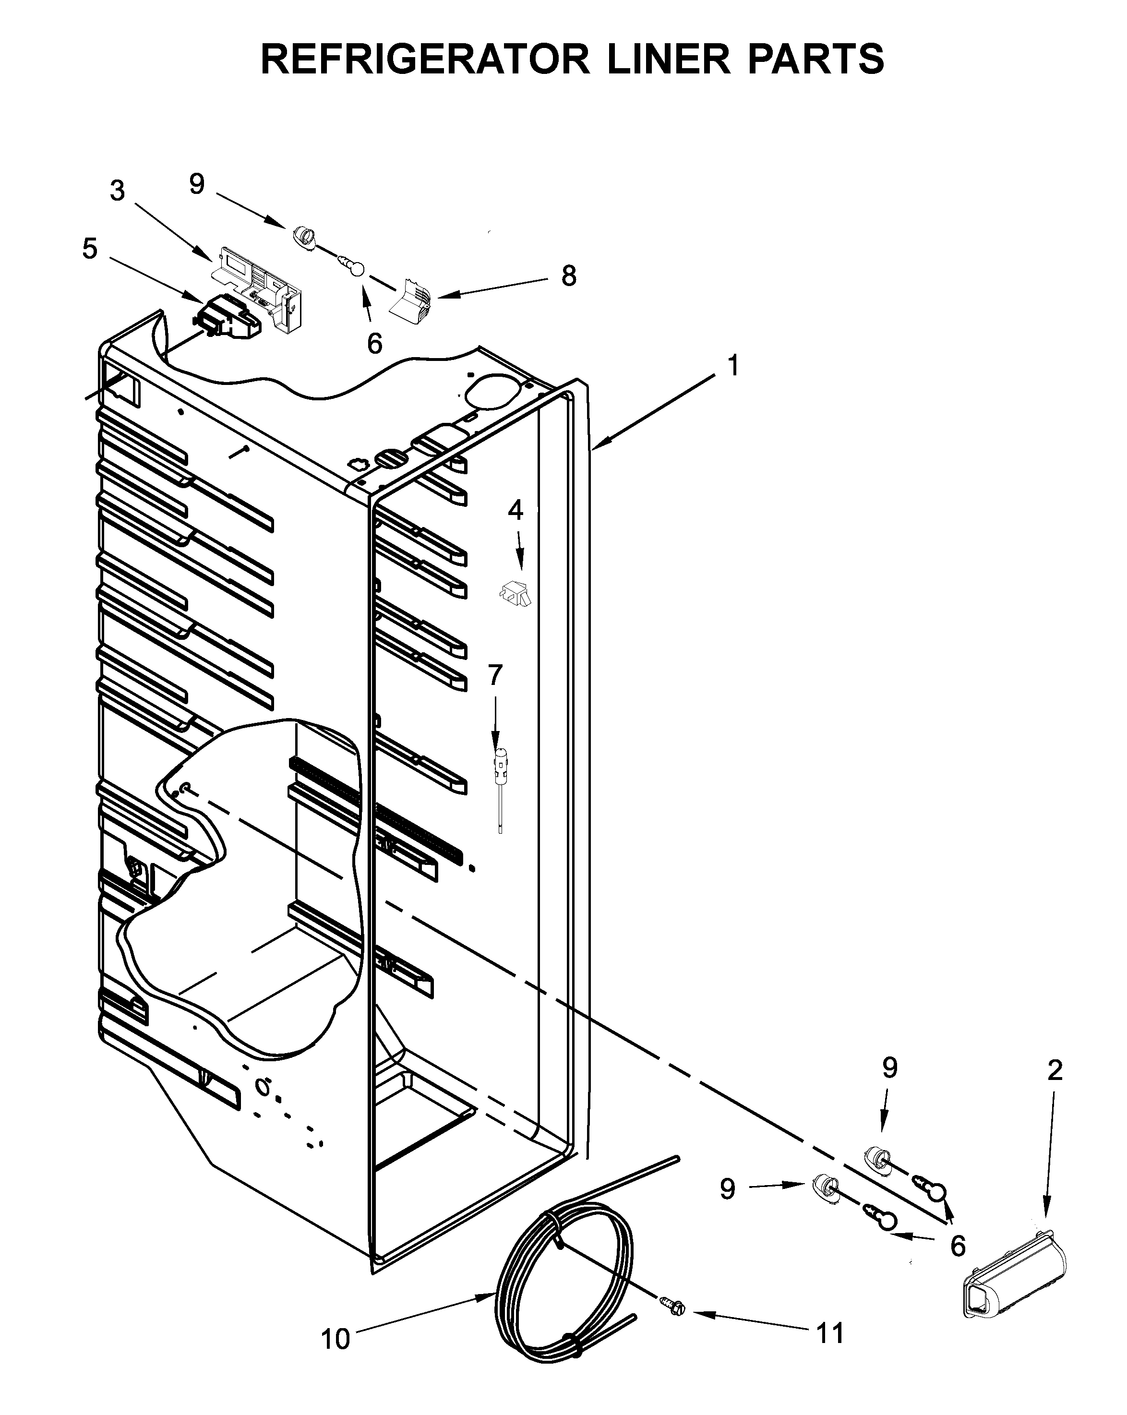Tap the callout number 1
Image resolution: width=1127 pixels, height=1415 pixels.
(733, 366)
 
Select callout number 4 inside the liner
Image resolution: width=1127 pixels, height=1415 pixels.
(516, 510)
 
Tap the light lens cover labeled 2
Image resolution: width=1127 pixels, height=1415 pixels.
(1014, 1256)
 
